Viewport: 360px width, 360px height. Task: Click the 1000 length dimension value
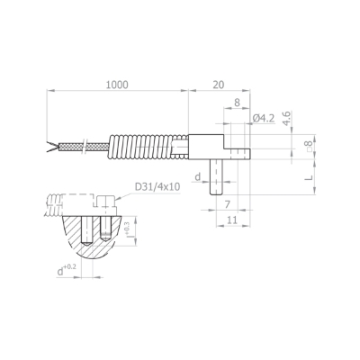point(117,85)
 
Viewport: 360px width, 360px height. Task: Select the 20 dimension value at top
point(219,85)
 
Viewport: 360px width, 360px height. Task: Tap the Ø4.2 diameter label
point(264,118)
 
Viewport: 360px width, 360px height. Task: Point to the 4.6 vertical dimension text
point(287,118)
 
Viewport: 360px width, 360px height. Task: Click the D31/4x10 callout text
point(157,187)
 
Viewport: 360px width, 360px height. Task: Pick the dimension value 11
point(231,220)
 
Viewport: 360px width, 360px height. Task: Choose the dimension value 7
point(228,204)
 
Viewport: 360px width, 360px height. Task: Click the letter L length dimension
point(310,177)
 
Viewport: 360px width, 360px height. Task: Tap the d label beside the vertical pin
point(197,177)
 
